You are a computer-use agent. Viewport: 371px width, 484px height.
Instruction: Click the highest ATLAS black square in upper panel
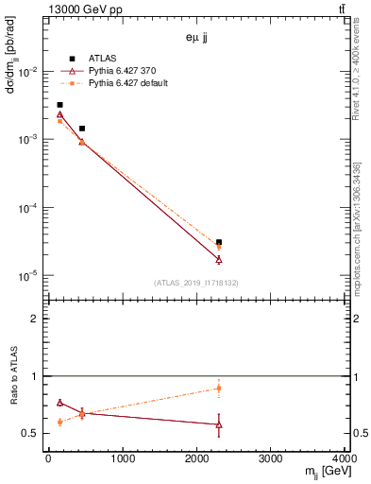(x=59, y=105)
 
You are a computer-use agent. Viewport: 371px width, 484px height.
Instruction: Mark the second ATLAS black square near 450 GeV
(x=82, y=129)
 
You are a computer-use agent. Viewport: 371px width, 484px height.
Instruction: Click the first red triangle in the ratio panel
(x=59, y=403)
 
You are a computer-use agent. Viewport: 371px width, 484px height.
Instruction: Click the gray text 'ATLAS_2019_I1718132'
(x=195, y=282)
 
